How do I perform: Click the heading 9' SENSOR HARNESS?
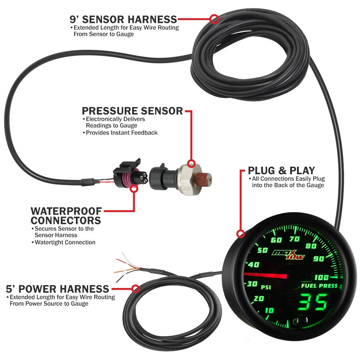pyautogui.click(x=123, y=19)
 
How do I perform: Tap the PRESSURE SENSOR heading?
pyautogui.click(x=132, y=111)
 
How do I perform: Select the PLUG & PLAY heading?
pyautogui.click(x=282, y=170)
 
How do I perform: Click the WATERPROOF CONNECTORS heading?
pyautogui.click(x=66, y=215)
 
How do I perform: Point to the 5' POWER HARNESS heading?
pyautogui.click(x=58, y=289)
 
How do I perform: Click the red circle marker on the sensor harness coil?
pyautogui.click(x=214, y=18)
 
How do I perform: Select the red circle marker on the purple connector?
pyautogui.click(x=134, y=188)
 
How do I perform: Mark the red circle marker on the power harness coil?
pyautogui.click(x=136, y=289)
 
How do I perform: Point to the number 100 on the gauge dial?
pyautogui.click(x=321, y=277)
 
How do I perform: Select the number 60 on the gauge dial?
pyautogui.click(x=276, y=240)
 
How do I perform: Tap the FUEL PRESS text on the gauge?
pyautogui.click(x=320, y=286)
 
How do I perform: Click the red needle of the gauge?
pyautogui.click(x=265, y=275)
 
